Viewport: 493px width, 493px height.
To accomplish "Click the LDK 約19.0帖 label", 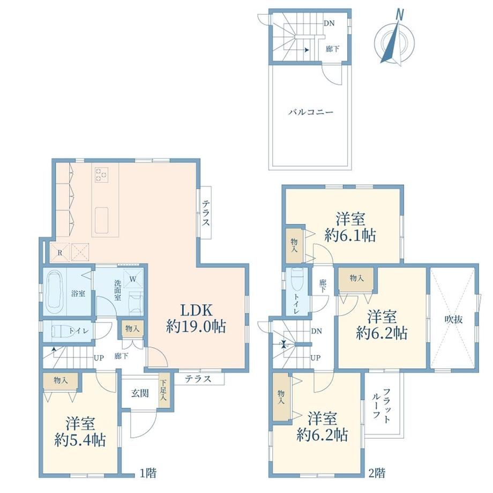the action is coord(196,318).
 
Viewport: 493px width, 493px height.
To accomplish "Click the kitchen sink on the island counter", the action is coord(102,220).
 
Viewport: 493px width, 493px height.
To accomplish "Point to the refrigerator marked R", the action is coord(59,252).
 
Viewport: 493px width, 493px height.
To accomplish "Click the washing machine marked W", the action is coord(133,279).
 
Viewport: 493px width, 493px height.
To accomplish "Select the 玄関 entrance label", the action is coord(140,393).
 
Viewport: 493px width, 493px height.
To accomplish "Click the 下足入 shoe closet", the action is coord(164,391).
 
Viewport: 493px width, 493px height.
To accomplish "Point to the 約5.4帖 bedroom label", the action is coord(80,440).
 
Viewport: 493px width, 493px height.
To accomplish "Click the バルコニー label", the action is coord(311,112).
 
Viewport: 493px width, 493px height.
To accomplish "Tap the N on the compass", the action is coord(400,15).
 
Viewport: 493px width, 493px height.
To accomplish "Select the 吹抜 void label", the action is coord(454,319).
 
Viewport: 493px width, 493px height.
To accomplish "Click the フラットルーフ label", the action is coord(382,406).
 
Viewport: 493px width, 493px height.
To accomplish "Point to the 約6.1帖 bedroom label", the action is coord(350,235).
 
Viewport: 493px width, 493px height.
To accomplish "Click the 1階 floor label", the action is coord(148,473).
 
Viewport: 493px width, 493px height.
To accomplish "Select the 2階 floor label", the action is coord(377,473).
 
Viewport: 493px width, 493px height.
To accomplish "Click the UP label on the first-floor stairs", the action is coord(99,358).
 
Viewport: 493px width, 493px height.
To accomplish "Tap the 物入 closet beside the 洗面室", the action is coord(132,329).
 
